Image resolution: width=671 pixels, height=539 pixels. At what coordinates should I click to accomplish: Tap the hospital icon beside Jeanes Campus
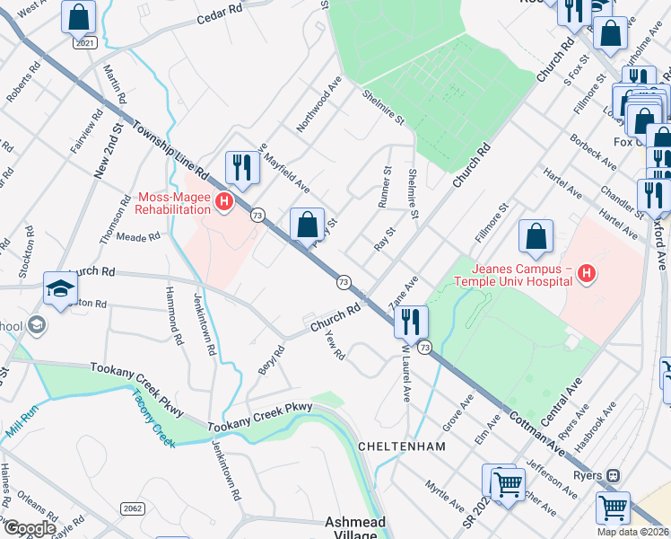coord(587,273)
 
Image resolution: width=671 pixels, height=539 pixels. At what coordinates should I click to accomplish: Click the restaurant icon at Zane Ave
coord(411,322)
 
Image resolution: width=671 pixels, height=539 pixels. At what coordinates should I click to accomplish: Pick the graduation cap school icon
coord(60,288)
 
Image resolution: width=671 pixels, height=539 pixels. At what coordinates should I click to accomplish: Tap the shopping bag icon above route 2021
coord(79,16)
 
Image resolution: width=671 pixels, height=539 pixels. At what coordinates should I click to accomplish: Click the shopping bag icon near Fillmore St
coord(536,237)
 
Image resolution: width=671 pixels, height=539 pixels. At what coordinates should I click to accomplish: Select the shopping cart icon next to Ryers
coord(613,508)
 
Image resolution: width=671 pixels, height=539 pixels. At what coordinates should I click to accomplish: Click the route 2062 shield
coord(133,508)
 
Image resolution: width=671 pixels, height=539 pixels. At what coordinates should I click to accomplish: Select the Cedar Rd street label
coord(221,13)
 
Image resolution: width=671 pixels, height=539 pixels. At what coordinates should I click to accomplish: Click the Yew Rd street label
coord(334,345)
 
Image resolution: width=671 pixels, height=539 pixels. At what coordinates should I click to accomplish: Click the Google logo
coord(30,527)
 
